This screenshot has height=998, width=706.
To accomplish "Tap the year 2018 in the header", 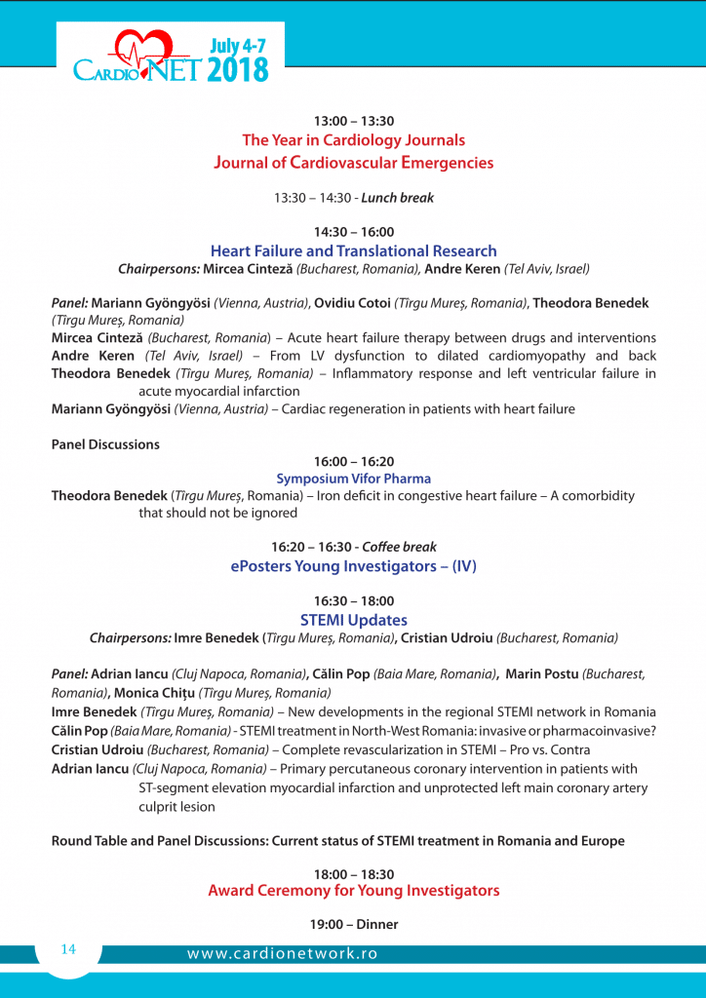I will coord(239,69).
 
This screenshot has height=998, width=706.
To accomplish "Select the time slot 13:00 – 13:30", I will coord(353,121).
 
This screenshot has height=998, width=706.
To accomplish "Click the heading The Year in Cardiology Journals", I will coord(353,140).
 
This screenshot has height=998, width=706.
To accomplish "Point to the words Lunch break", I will coord(398,198).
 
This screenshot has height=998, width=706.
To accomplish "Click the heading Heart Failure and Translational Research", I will coord(353,251).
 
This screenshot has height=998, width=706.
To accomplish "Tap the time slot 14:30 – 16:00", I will coord(353,232).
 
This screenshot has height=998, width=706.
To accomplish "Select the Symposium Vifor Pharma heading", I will coord(353,479).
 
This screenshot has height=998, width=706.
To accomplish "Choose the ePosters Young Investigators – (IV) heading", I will coord(353,566).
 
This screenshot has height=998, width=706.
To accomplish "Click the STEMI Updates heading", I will coord(353,620).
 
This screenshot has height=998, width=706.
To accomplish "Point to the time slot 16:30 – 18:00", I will coord(353,601).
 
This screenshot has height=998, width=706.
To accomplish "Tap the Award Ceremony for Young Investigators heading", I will coord(353,891).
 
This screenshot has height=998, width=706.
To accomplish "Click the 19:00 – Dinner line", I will coord(353,924).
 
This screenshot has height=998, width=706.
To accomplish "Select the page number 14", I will coord(68,949).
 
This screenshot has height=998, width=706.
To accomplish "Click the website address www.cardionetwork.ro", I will coord(283,954).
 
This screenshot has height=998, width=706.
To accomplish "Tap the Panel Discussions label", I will coord(105,444).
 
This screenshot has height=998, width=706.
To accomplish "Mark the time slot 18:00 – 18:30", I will coord(353,874).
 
